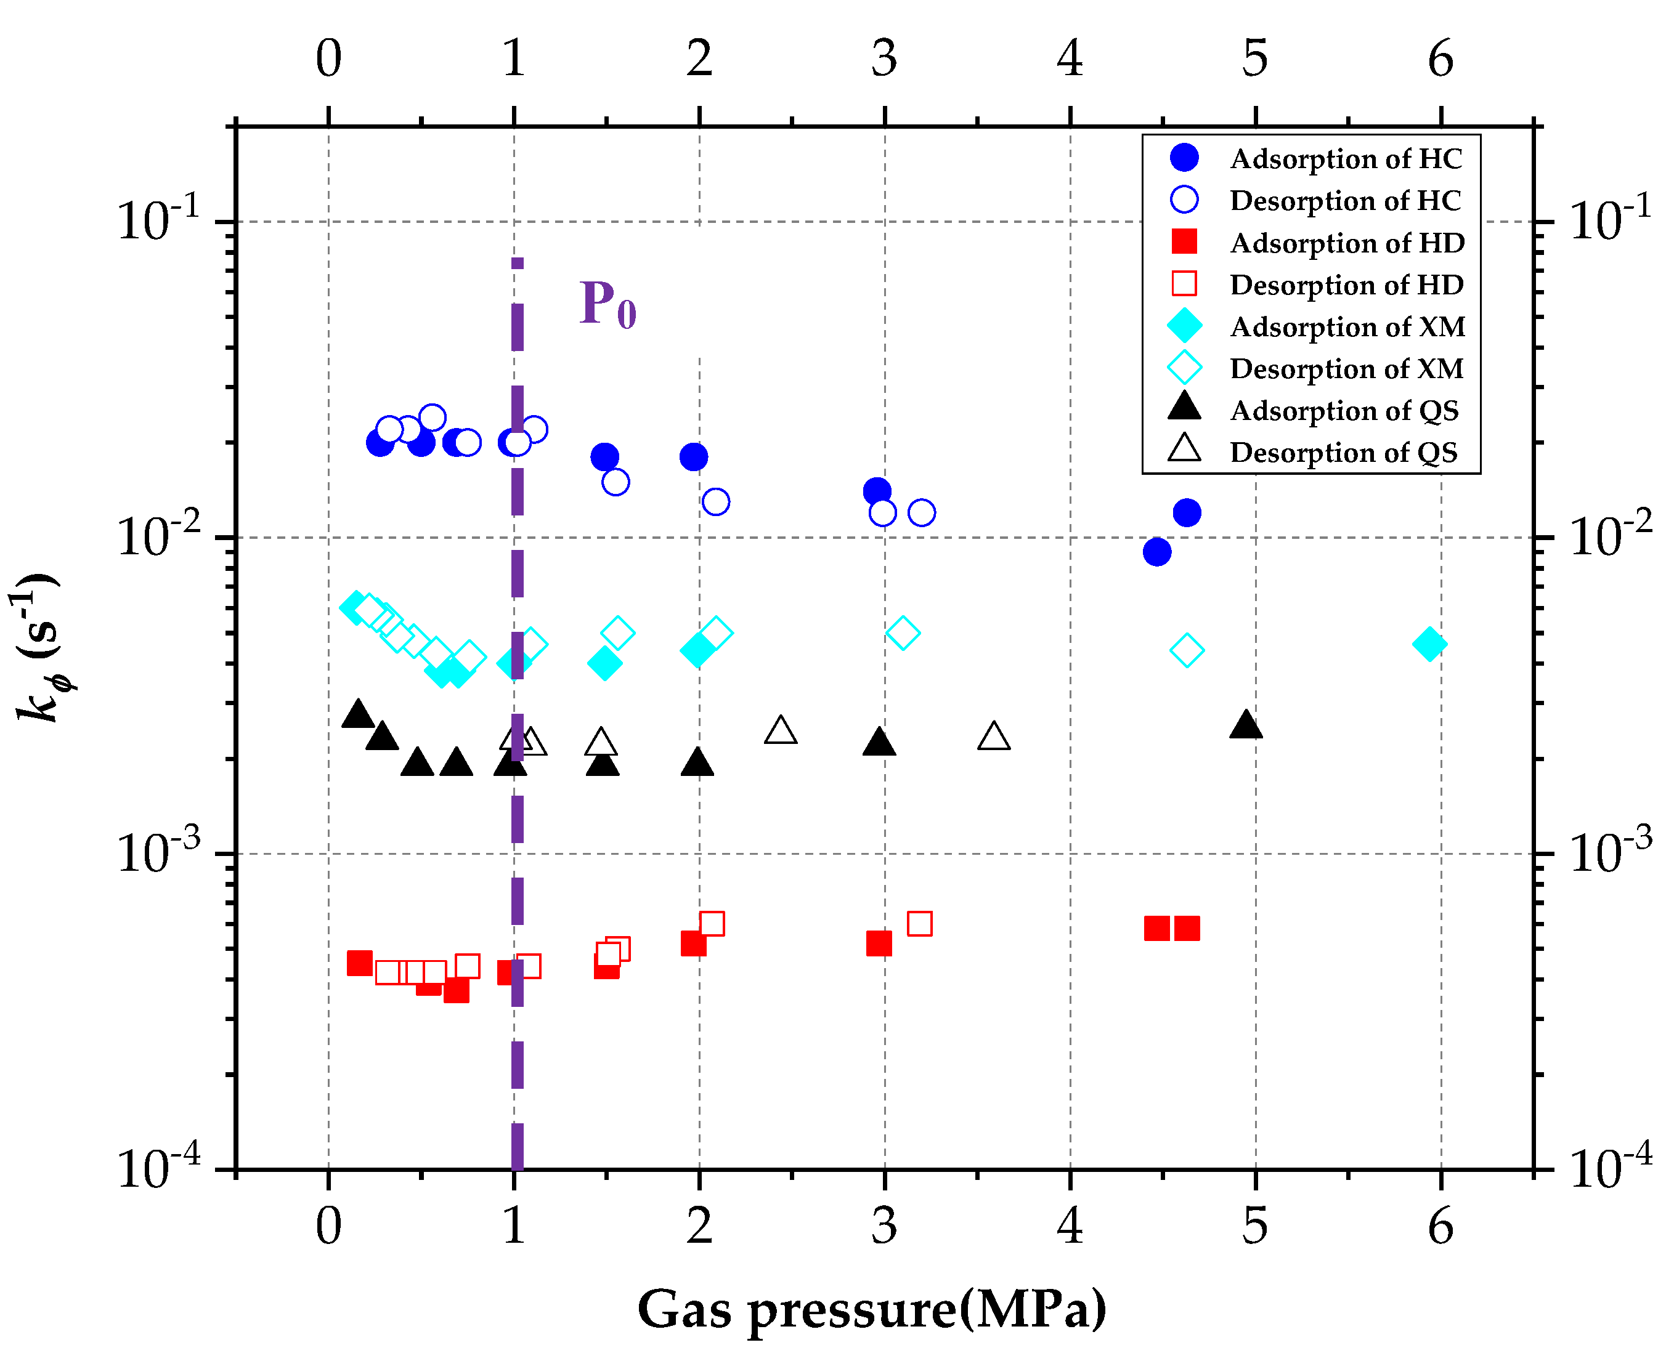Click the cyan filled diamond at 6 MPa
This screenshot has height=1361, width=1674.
pyautogui.click(x=1429, y=644)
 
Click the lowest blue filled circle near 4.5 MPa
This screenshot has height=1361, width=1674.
pyautogui.click(x=1157, y=552)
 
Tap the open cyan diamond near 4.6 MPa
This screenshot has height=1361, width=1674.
pyautogui.click(x=1187, y=650)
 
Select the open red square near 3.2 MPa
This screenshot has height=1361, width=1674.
pyautogui.click(x=919, y=924)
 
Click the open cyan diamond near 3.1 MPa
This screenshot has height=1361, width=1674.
pyautogui.click(x=903, y=632)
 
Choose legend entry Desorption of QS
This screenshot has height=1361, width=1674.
pyautogui.click(x=1343, y=453)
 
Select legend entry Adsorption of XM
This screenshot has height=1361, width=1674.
pyautogui.click(x=1346, y=326)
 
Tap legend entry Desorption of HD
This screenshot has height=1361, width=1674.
pyautogui.click(x=1346, y=285)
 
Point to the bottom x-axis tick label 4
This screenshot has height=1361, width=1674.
pyautogui.click(x=1070, y=1226)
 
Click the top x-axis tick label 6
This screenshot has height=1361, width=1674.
pyautogui.click(x=1440, y=58)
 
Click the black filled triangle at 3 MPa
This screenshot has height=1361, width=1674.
pyautogui.click(x=879, y=741)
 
